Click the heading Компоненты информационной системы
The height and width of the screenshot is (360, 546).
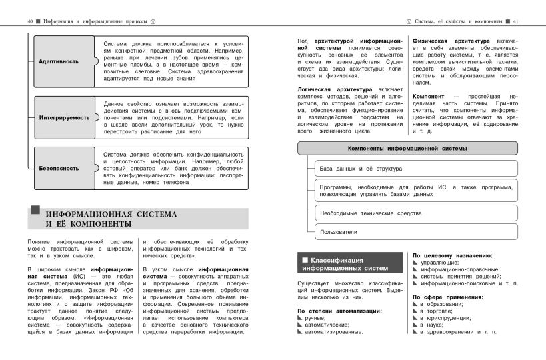[407, 148]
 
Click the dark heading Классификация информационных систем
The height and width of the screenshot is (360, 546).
[349, 264]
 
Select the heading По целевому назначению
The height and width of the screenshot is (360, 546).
[453, 255]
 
